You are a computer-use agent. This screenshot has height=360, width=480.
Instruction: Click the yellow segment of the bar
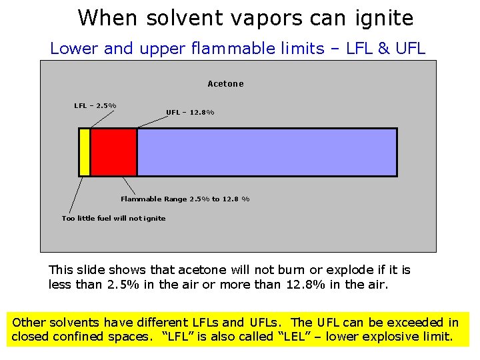pyautogui.click(x=84, y=152)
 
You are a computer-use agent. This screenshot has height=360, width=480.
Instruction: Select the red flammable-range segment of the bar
pyautogui.click(x=113, y=152)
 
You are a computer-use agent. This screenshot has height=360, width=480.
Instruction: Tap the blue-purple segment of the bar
pyautogui.click(x=267, y=152)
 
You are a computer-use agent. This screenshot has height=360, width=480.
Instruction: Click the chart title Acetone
pyautogui.click(x=225, y=84)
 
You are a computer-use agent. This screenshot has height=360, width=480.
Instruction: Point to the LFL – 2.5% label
pyautogui.click(x=95, y=105)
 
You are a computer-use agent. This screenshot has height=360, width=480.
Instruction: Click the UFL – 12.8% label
pyautogui.click(x=190, y=112)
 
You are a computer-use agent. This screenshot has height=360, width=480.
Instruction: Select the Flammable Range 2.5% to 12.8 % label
pyautogui.click(x=185, y=199)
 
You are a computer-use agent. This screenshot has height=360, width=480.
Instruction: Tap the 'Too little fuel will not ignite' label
pyautogui.click(x=113, y=218)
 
